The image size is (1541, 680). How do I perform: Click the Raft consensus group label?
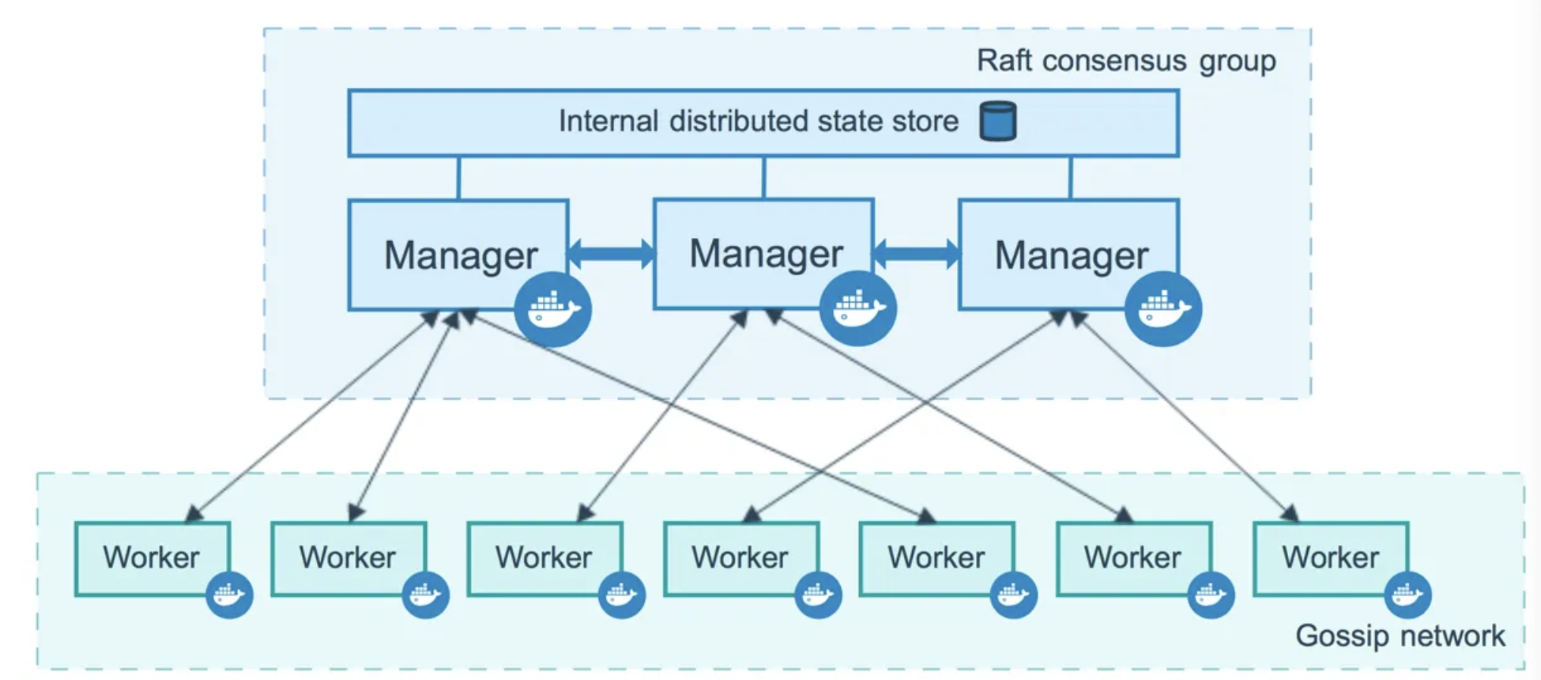(1125, 61)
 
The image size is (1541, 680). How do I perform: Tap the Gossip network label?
(1400, 636)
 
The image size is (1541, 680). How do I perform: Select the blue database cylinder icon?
(997, 121)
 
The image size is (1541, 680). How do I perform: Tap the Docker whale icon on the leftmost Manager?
(552, 309)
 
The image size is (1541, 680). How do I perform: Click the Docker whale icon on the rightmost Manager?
(1162, 308)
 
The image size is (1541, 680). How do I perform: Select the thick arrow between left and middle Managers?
(611, 253)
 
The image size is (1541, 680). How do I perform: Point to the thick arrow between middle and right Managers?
(916, 253)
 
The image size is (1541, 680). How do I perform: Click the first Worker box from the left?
(150, 557)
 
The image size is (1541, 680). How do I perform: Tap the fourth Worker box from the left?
(739, 557)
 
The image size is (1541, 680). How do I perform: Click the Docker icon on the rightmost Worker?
(1407, 595)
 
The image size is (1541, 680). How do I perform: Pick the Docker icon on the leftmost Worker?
(229, 595)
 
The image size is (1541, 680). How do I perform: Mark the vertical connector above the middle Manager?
(763, 177)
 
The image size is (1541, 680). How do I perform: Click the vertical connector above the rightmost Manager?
(1070, 177)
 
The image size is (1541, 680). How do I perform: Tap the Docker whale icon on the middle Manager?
(857, 308)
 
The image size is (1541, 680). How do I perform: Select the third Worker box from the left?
(543, 557)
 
